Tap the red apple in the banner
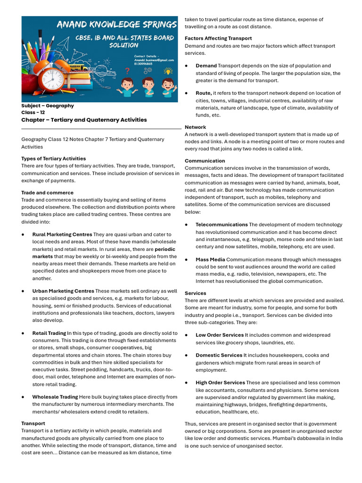click(x=29, y=83)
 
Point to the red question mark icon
click(x=126, y=72)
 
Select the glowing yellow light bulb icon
click(x=168, y=71)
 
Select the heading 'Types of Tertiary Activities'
click(x=54, y=158)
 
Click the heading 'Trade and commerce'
click(x=47, y=192)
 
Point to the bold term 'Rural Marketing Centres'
click(x=62, y=234)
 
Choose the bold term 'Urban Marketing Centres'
click(x=63, y=291)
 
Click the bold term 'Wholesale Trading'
click(x=55, y=397)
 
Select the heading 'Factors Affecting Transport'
click(x=218, y=38)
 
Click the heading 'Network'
click(x=195, y=127)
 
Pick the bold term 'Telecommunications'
click(x=222, y=225)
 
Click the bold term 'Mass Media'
click(x=210, y=259)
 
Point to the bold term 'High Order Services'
click(x=220, y=383)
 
